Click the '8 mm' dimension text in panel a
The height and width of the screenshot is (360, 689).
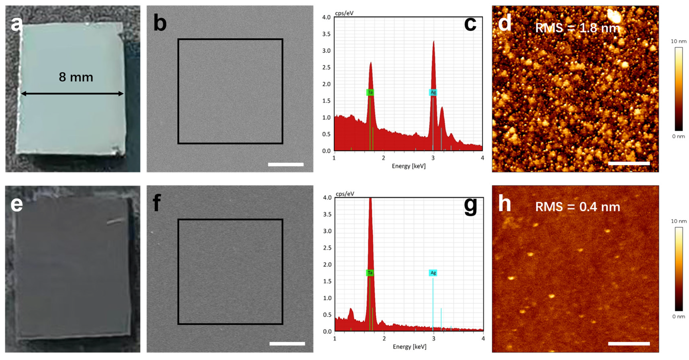[76, 77]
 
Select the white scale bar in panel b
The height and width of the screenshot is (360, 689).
[286, 164]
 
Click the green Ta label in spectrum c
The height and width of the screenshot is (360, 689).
[370, 92]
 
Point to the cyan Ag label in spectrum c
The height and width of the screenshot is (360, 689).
[433, 92]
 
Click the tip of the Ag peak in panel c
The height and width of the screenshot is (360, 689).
[434, 41]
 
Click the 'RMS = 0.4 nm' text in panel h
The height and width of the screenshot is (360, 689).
[577, 207]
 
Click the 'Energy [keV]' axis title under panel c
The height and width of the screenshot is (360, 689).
[408, 166]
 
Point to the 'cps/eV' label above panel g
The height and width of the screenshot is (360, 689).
[345, 194]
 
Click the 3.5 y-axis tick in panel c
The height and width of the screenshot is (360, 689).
[326, 34]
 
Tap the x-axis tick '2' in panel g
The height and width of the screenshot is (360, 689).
[384, 339]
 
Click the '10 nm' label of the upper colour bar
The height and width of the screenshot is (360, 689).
[678, 41]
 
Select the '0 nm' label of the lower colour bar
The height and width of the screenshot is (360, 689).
[678, 316]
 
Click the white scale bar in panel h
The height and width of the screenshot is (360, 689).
[629, 343]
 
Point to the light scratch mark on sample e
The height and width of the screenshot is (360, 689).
[116, 221]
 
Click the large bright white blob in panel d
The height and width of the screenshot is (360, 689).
[615, 17]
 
